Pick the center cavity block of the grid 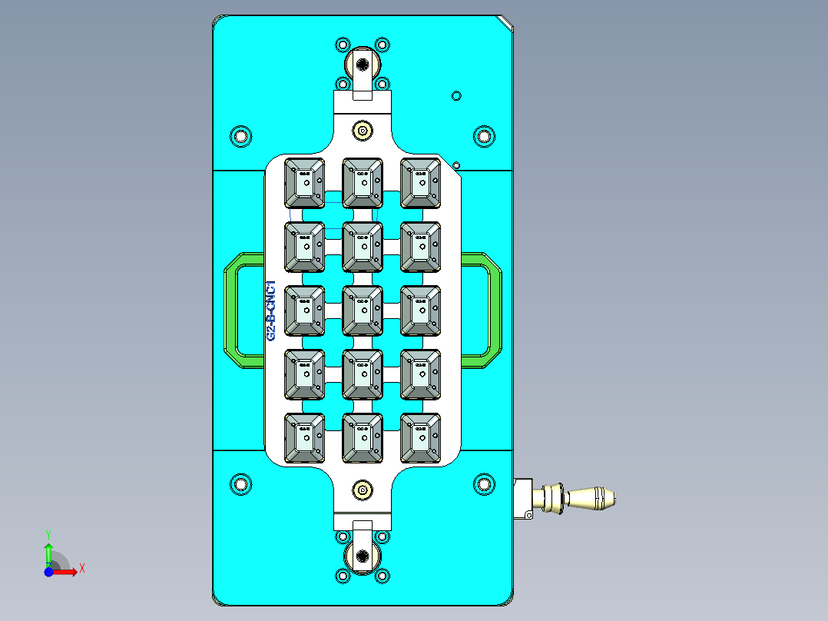(x=363, y=310)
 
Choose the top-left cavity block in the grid (x=305, y=182)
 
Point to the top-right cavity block (x=421, y=182)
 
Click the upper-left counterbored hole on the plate (x=242, y=137)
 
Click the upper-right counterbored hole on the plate (x=483, y=137)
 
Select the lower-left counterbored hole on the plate (x=242, y=484)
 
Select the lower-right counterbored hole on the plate (x=483, y=484)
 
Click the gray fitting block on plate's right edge (x=523, y=499)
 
